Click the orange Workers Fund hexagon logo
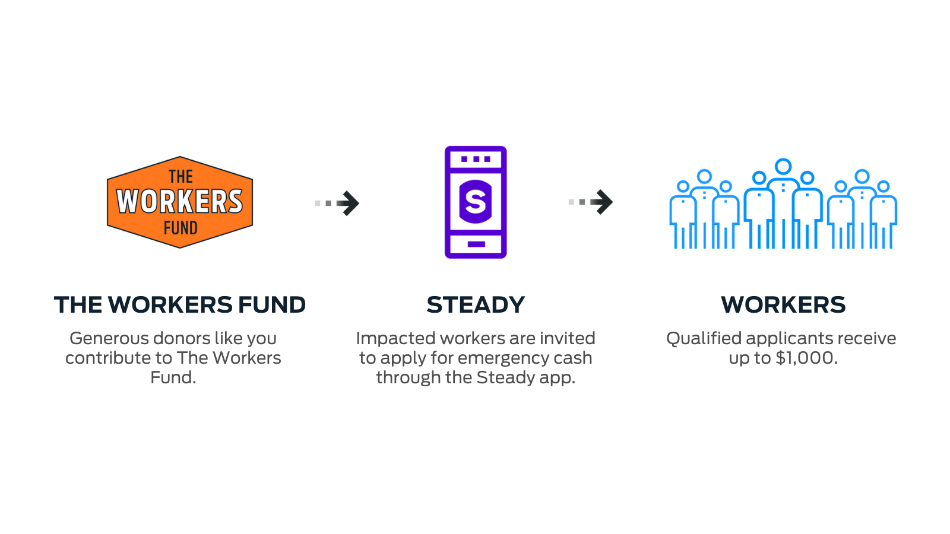tap(180, 202)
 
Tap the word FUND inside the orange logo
tap(180, 228)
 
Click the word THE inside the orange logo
tap(180, 177)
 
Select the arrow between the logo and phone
tap(337, 204)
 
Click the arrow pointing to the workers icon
tap(591, 202)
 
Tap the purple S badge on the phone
tap(476, 202)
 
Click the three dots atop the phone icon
tap(476, 159)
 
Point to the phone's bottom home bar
tap(476, 244)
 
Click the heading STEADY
tap(476, 305)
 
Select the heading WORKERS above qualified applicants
tap(783, 305)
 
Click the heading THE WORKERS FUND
tap(180, 305)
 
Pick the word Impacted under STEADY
tap(395, 339)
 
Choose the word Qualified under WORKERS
tap(704, 338)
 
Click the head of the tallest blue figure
tap(783, 167)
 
